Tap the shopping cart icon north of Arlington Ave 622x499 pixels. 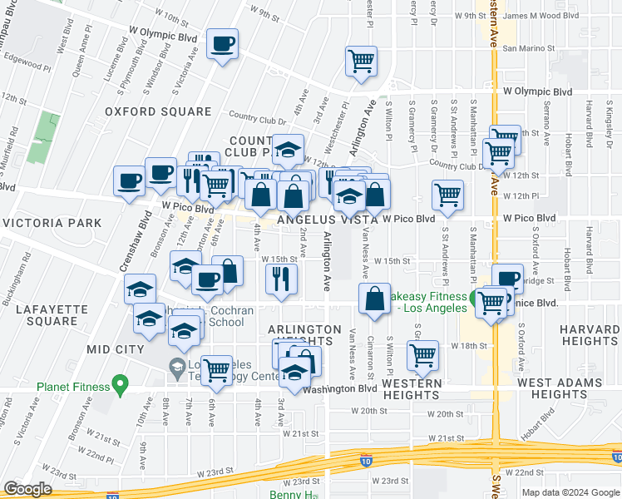[x=361, y=61]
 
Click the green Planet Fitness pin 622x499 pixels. [x=121, y=386]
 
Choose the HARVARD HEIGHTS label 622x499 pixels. [x=589, y=335]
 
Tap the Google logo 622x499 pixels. [x=27, y=489]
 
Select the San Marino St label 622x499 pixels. [x=525, y=48]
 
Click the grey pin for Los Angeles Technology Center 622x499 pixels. [x=176, y=366]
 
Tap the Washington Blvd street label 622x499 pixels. [x=340, y=389]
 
